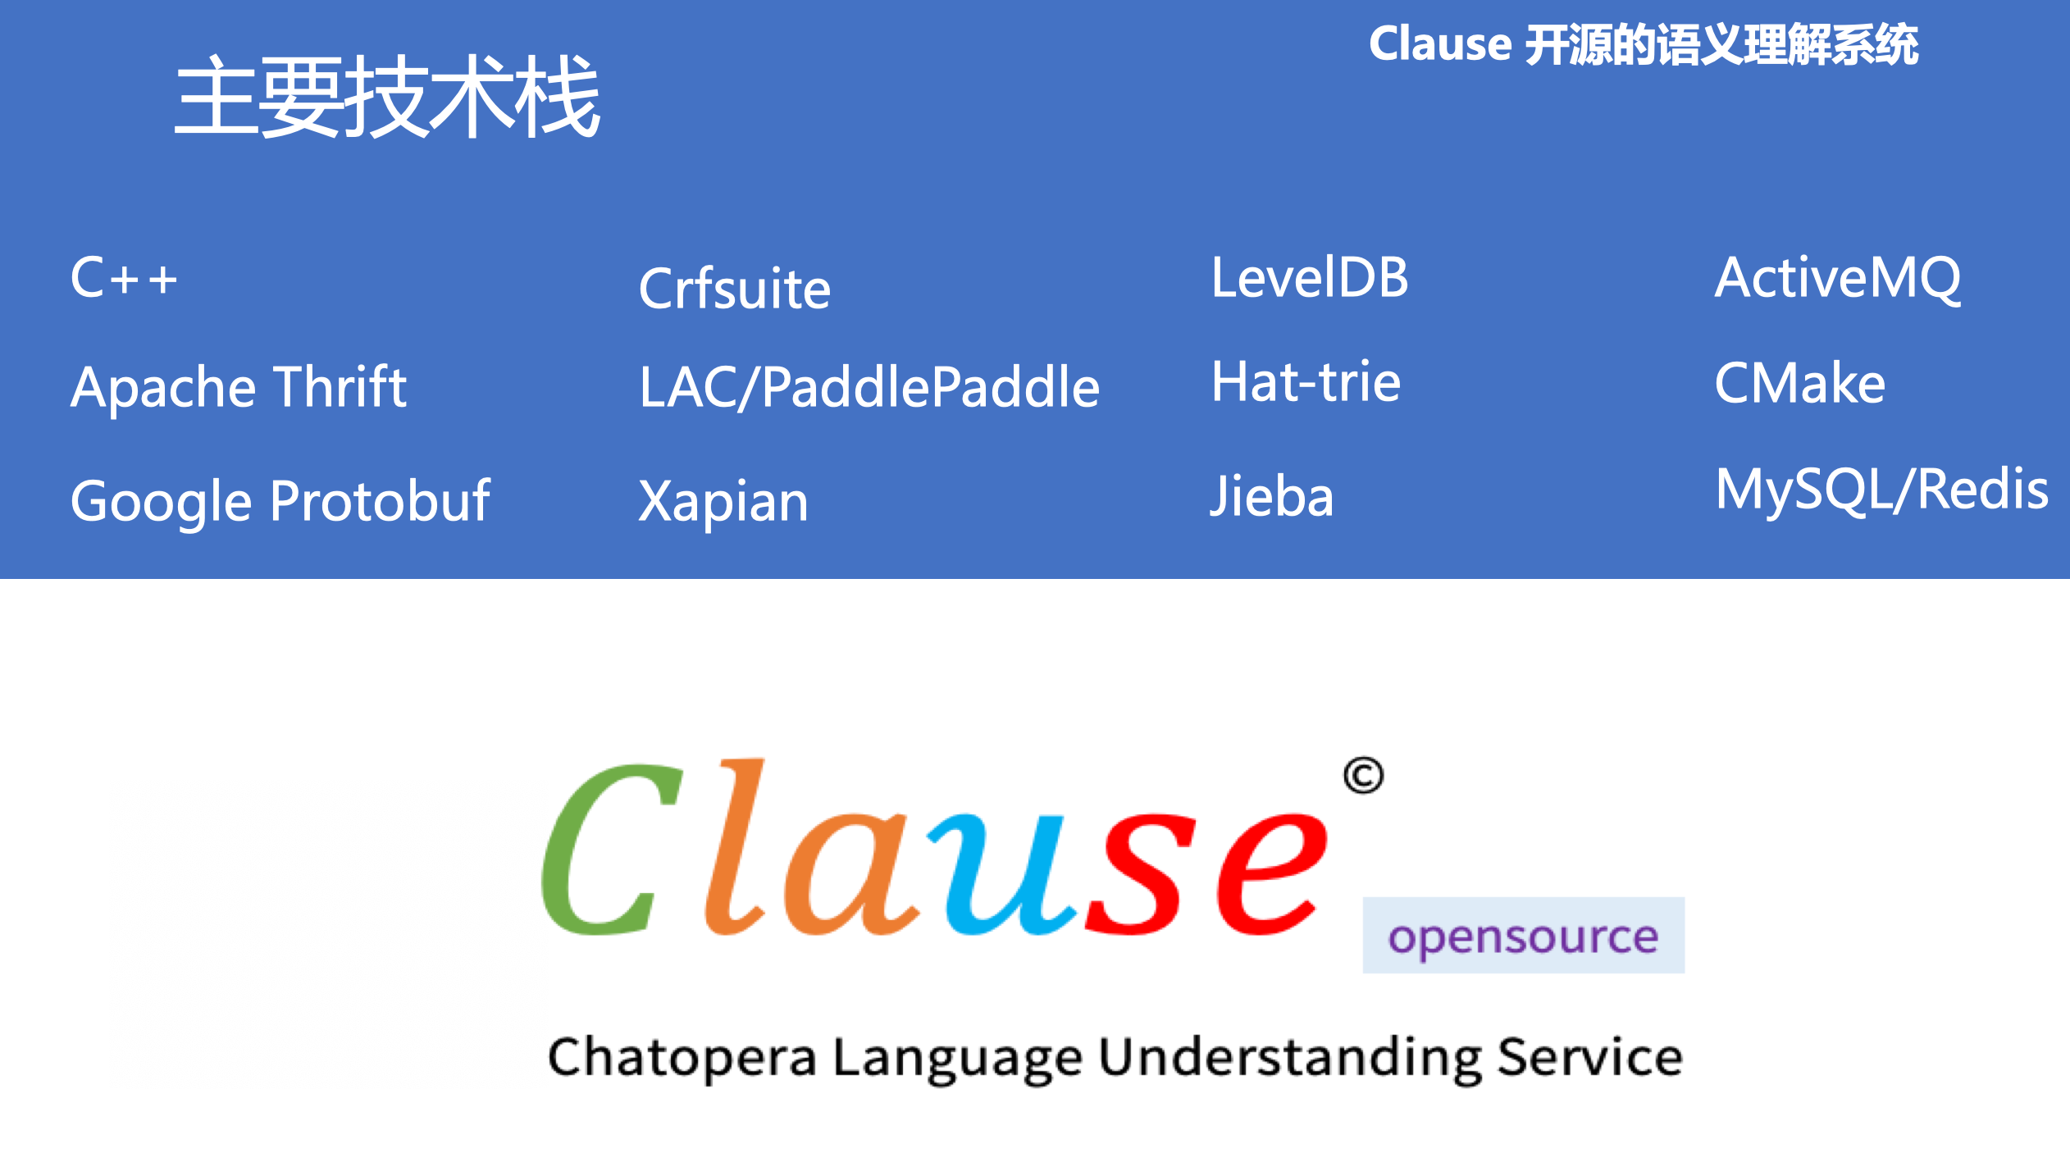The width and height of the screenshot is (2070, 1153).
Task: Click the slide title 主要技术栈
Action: (x=388, y=97)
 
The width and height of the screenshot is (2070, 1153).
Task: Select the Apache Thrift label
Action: (x=239, y=387)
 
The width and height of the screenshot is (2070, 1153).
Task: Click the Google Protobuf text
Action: (x=280, y=501)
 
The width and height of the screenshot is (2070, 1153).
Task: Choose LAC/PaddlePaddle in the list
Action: (x=869, y=386)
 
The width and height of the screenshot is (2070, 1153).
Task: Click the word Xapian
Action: (x=723, y=501)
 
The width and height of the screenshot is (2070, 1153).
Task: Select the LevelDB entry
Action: (x=1310, y=277)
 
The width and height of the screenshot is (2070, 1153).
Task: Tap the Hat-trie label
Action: (x=1306, y=382)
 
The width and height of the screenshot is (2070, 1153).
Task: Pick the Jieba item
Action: (x=1272, y=496)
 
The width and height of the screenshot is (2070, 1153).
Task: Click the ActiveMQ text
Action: (x=1838, y=278)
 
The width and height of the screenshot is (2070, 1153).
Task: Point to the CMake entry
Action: (x=1799, y=382)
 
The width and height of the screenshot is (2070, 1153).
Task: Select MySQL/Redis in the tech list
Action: (x=1881, y=490)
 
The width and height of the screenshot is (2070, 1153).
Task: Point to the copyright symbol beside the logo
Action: (x=1363, y=775)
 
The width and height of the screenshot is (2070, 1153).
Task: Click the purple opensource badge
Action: (x=1524, y=935)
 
